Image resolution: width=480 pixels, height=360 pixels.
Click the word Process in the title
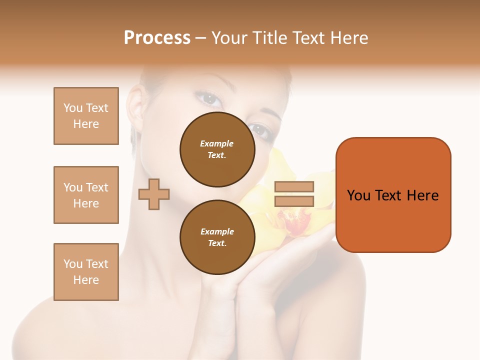[x=157, y=38]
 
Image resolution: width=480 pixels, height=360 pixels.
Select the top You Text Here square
[x=86, y=116]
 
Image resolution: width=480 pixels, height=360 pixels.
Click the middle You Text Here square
[x=86, y=195]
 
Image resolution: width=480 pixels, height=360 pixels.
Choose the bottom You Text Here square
[x=86, y=272]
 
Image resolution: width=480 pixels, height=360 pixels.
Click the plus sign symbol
[x=154, y=193]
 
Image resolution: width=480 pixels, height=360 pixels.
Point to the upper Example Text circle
[x=217, y=149]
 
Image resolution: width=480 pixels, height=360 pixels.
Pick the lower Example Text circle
[x=217, y=237]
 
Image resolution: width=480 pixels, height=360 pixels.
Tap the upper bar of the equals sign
[x=294, y=186]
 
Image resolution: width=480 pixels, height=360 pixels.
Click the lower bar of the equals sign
[x=294, y=201]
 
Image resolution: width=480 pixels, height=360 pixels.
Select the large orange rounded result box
[x=393, y=195]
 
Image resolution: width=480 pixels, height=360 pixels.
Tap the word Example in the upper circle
[x=217, y=143]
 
